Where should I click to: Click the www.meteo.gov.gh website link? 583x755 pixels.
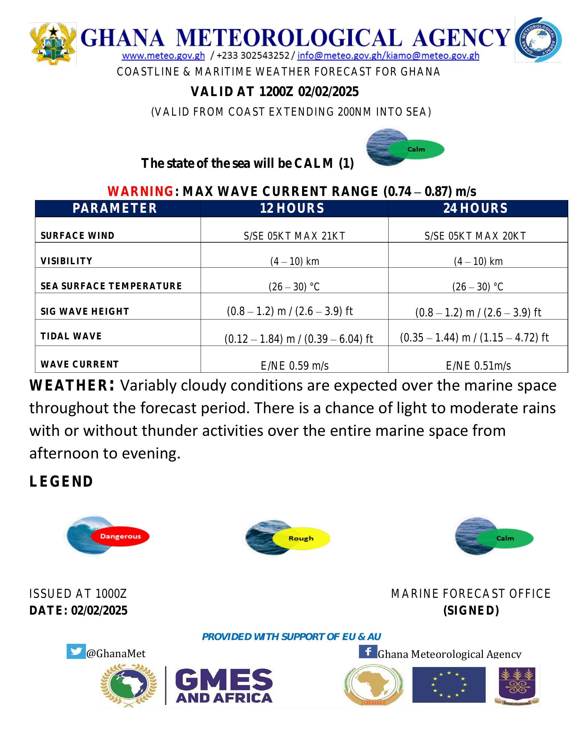pos(163,56)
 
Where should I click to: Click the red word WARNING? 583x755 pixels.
pos(140,191)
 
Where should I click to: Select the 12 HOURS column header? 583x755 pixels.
pos(292,208)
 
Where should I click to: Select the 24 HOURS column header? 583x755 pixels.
pos(476,208)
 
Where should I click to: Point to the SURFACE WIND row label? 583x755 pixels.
pos(78,236)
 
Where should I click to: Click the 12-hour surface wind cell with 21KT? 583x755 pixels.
pos(294,236)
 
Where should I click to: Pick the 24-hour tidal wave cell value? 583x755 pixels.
pos(474,337)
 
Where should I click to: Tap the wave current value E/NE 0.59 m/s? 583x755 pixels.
pos(295,365)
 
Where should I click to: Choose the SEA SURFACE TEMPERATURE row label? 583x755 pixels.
pos(111,286)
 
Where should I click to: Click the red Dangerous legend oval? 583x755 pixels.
pos(120,536)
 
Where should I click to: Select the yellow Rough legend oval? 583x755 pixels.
pos(301,538)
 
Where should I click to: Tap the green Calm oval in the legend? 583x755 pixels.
pos(505,538)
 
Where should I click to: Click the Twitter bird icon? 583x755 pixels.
pos(76,652)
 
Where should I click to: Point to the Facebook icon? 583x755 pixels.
pos(368,652)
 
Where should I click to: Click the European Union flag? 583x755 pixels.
pos(449,685)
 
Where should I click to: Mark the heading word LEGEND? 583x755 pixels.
pos(61,481)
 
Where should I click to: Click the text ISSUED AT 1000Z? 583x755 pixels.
pos(78,594)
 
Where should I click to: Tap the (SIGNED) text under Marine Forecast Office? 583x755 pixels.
pos(471,611)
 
